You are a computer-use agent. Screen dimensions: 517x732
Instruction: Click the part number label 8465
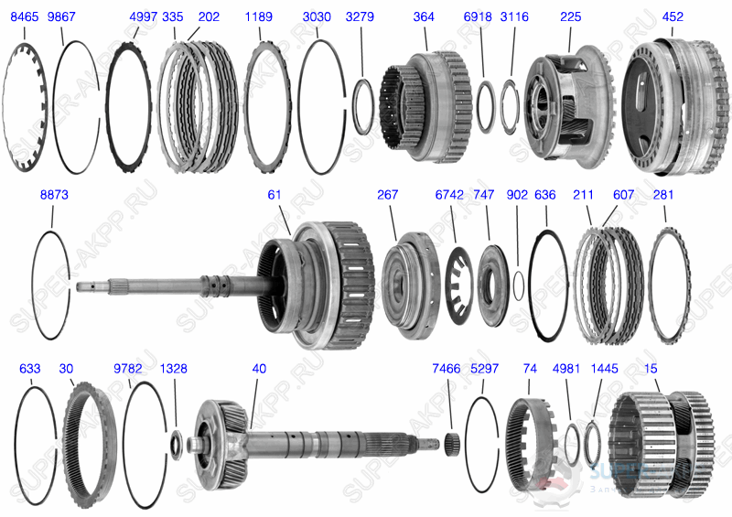(24, 17)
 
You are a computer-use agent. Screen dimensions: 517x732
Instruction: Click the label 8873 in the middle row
(54, 195)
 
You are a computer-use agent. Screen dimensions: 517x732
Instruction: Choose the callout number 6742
(449, 195)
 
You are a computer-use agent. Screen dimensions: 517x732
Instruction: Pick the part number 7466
(447, 369)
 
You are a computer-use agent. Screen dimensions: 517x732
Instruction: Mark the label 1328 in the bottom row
(173, 369)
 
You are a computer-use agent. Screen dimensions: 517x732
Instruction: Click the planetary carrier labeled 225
(562, 101)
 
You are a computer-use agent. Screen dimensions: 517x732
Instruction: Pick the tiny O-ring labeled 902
(519, 284)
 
